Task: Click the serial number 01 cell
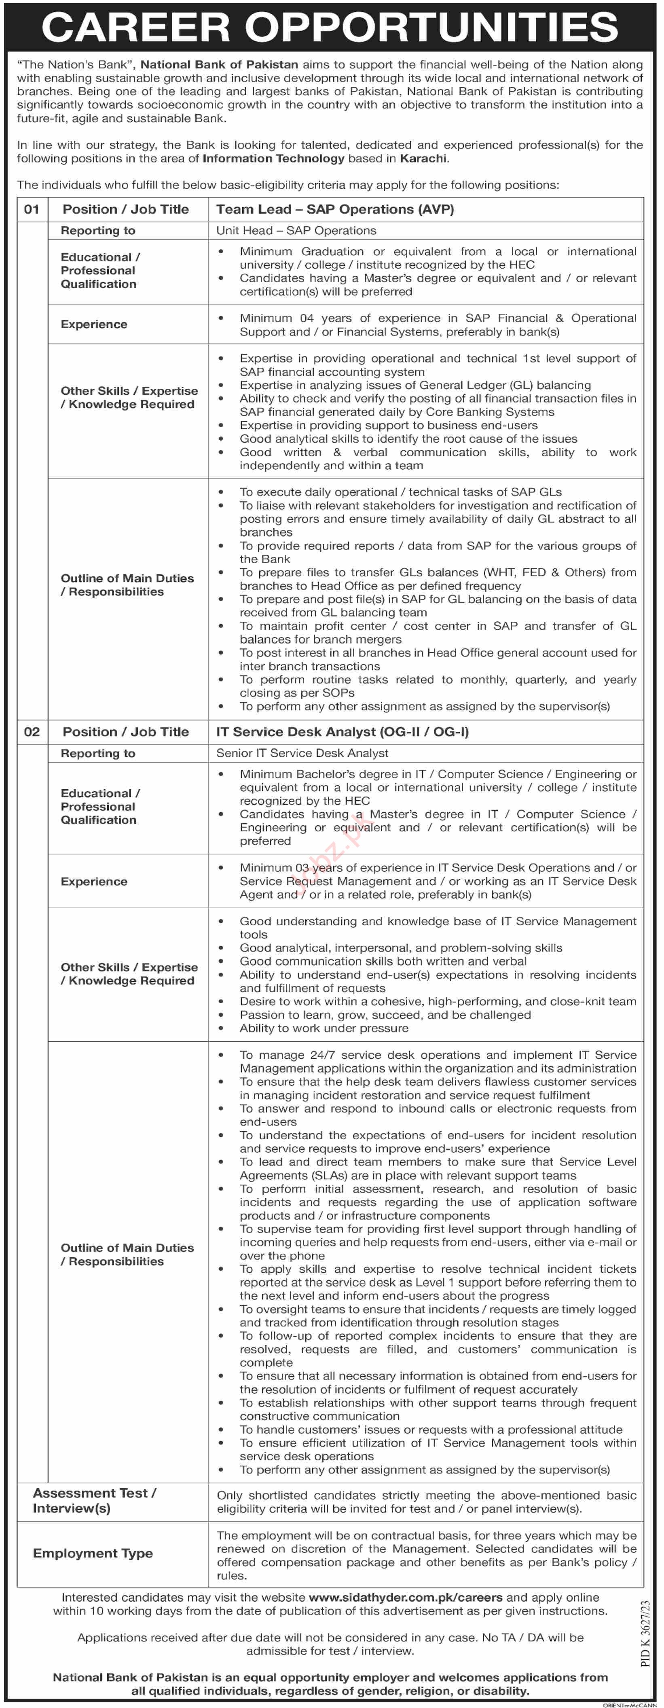[x=32, y=210]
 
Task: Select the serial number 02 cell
[x=32, y=732]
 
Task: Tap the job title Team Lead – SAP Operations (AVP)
[x=335, y=210]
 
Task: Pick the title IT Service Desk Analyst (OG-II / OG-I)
[x=342, y=732]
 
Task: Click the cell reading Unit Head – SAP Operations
[x=296, y=231]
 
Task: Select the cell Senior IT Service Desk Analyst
[x=302, y=753]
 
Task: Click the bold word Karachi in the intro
[x=423, y=159]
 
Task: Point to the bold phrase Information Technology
[x=273, y=159]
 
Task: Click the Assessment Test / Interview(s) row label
[x=94, y=1500]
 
